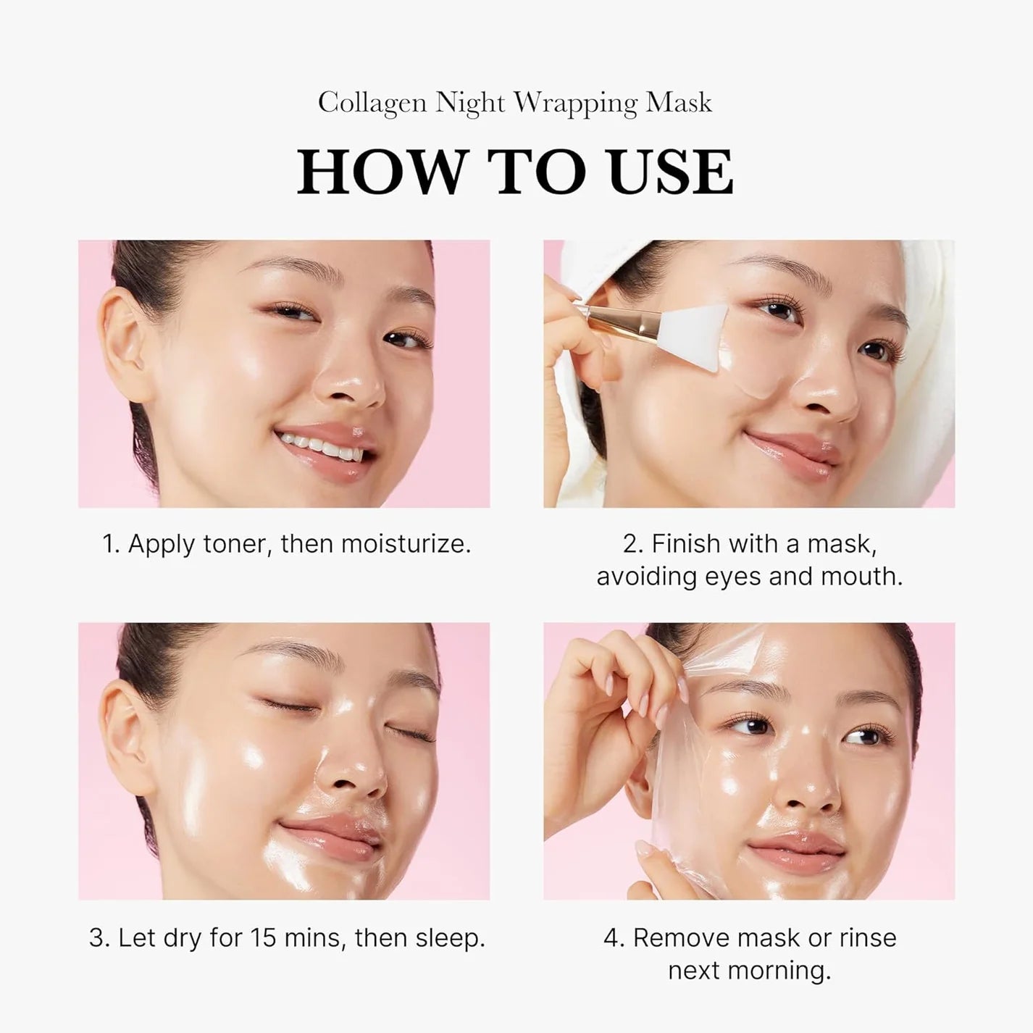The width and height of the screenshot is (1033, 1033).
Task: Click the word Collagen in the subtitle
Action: tap(372, 103)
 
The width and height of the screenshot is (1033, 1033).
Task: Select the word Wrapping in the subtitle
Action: tap(576, 104)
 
